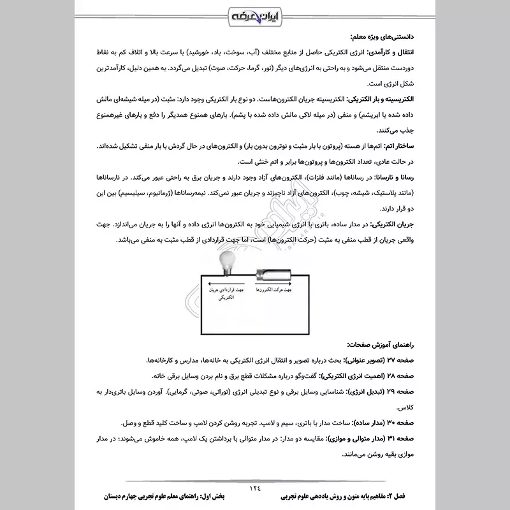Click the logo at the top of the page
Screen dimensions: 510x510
coord(255,14)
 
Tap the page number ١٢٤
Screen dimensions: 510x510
coord(255,486)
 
